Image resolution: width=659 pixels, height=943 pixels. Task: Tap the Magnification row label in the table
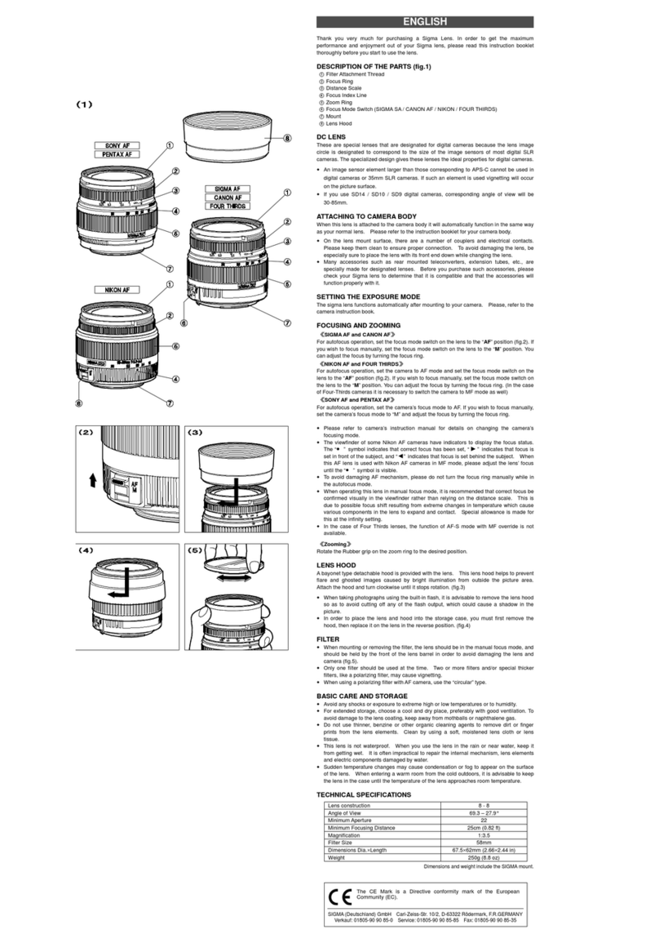tap(347, 834)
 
